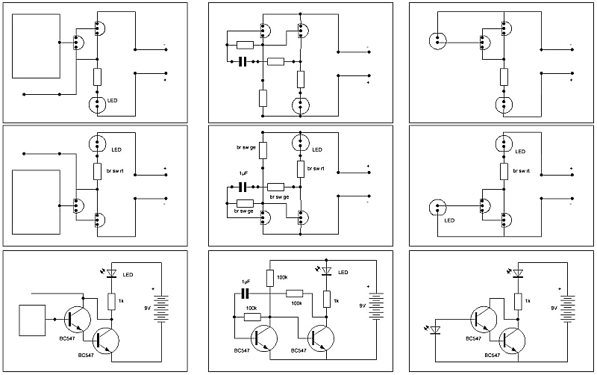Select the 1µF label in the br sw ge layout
pyautogui.click(x=243, y=173)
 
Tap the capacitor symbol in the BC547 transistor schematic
pyautogui.click(x=242, y=293)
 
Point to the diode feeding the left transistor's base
pyautogui.click(x=436, y=328)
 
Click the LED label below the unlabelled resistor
pyautogui.click(x=113, y=100)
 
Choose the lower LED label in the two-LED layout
pyautogui.click(x=449, y=220)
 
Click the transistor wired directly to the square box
pyautogui.click(x=75, y=318)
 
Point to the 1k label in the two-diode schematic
pyautogui.click(x=528, y=300)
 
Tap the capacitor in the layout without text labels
pyautogui.click(x=242, y=62)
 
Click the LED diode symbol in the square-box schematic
pyautogui.click(x=112, y=274)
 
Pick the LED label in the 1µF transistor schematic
pyautogui.click(x=343, y=273)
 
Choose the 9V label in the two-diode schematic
pyautogui.click(x=553, y=307)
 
